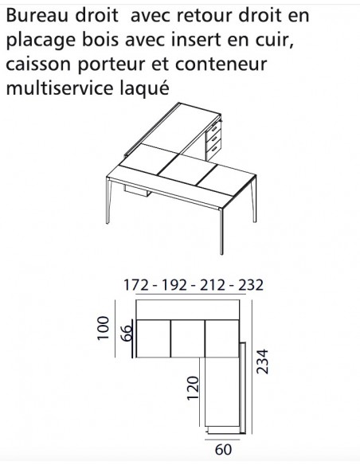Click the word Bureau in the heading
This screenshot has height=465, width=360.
click(33, 16)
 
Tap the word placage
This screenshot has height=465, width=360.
click(37, 40)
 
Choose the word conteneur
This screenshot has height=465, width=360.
click(227, 63)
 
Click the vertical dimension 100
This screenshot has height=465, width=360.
click(102, 327)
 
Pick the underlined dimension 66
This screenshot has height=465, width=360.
click(126, 331)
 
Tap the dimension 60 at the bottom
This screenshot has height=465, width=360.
click(223, 450)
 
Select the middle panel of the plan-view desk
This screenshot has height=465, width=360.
click(188, 338)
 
